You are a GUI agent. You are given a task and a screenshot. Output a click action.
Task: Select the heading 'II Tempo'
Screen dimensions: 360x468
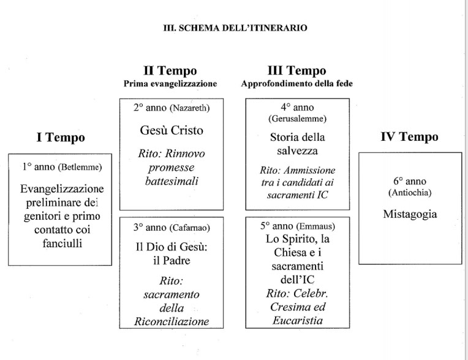tap(170, 71)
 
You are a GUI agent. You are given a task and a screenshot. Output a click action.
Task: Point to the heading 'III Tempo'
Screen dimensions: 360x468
tap(297, 71)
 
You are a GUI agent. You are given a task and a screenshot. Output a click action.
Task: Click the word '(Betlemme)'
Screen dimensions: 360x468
tap(77, 167)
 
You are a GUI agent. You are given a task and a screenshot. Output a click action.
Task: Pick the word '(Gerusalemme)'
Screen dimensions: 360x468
tap(298, 118)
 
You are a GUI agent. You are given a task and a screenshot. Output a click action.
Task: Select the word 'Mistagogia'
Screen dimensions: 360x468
tap(409, 214)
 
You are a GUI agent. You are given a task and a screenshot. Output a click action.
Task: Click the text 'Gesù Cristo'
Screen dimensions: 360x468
tap(172, 130)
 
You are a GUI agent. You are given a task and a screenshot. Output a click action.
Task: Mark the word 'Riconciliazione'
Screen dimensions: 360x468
tap(172, 321)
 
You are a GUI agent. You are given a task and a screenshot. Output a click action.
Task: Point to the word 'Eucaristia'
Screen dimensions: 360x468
tap(298, 320)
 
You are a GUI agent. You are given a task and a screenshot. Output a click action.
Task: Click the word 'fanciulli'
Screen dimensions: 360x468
tap(60, 243)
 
